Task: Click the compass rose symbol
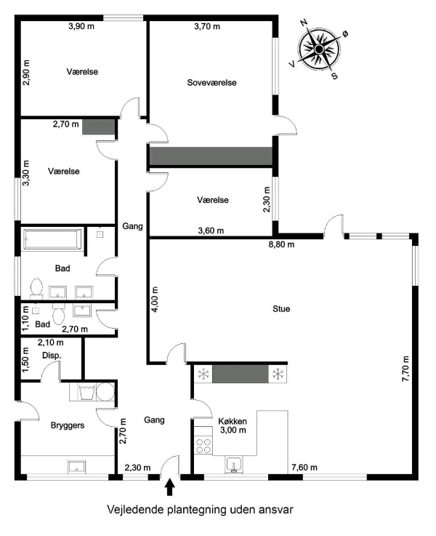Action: (x=319, y=49)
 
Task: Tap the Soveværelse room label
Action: (x=212, y=82)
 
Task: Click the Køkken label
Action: (x=233, y=420)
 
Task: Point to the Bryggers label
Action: (x=68, y=425)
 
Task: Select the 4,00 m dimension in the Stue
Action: (x=156, y=298)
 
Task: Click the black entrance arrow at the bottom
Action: (x=171, y=485)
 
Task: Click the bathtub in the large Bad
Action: (x=52, y=238)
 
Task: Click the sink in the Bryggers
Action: (x=77, y=466)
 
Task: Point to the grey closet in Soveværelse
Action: (x=210, y=156)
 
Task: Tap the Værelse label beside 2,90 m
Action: (x=82, y=71)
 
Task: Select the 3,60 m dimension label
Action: (x=211, y=231)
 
